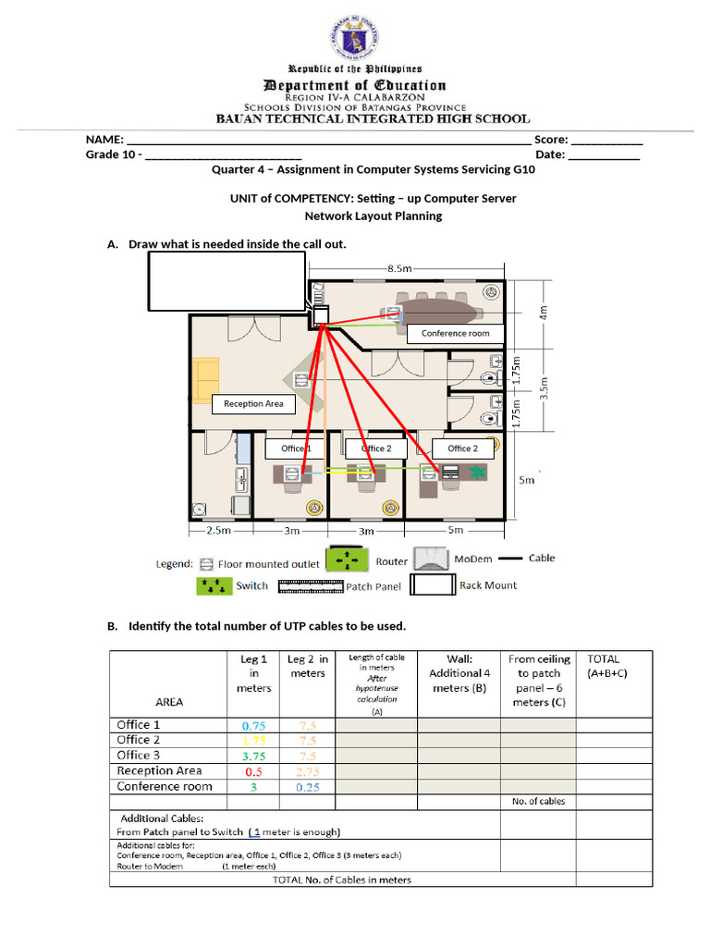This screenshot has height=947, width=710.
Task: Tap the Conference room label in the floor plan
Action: tap(455, 333)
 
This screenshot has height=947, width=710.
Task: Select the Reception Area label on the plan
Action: tap(253, 404)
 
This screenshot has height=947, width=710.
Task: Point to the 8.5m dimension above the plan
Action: tap(399, 268)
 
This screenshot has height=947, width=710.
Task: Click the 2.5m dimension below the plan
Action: tap(218, 531)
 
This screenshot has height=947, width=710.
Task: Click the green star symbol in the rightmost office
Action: tap(478, 473)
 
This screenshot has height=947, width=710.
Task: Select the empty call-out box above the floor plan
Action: tap(226, 281)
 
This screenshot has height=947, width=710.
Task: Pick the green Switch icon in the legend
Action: tap(213, 585)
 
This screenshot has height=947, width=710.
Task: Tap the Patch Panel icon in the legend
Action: tap(310, 585)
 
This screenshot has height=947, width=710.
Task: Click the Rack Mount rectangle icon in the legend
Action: tap(433, 584)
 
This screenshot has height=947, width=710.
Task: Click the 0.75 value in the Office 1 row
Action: tap(252, 726)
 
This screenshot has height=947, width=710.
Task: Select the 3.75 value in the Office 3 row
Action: tap(252, 756)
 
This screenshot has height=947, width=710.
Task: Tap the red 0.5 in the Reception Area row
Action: tap(252, 771)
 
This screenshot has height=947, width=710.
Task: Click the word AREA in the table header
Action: tap(169, 702)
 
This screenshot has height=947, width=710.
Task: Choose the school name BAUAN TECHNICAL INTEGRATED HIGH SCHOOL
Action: tap(373, 118)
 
